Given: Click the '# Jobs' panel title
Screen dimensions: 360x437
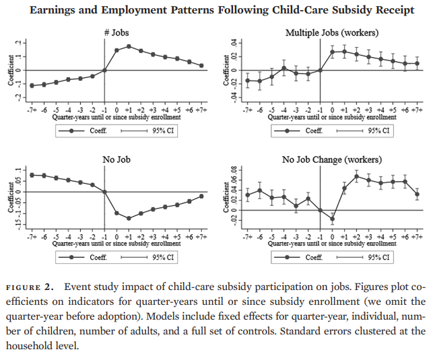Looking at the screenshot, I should point(116,33).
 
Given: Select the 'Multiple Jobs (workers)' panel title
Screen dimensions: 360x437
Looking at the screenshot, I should point(331,33).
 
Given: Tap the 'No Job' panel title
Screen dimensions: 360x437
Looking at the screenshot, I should point(116,159).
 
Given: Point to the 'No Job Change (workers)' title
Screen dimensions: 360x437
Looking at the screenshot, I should point(331,159).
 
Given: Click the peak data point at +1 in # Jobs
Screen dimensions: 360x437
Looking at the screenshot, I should point(129,46).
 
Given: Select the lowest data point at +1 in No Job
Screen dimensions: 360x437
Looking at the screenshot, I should point(129,219).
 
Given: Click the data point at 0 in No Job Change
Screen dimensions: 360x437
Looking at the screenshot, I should point(332,219).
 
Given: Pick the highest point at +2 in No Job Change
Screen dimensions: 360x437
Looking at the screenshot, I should point(356,176).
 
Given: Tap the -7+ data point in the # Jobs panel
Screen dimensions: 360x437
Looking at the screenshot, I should point(32,85).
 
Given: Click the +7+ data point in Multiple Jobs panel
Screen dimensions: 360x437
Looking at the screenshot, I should point(417,63).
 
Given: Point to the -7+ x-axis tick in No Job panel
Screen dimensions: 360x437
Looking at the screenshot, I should point(32,237).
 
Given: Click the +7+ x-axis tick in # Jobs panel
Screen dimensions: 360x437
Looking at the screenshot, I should point(201,110).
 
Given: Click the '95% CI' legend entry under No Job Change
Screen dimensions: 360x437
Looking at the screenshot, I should point(379,257).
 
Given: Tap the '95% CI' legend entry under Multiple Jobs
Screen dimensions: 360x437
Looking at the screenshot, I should point(379,131).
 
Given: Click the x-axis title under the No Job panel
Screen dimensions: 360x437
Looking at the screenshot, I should point(116,244).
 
